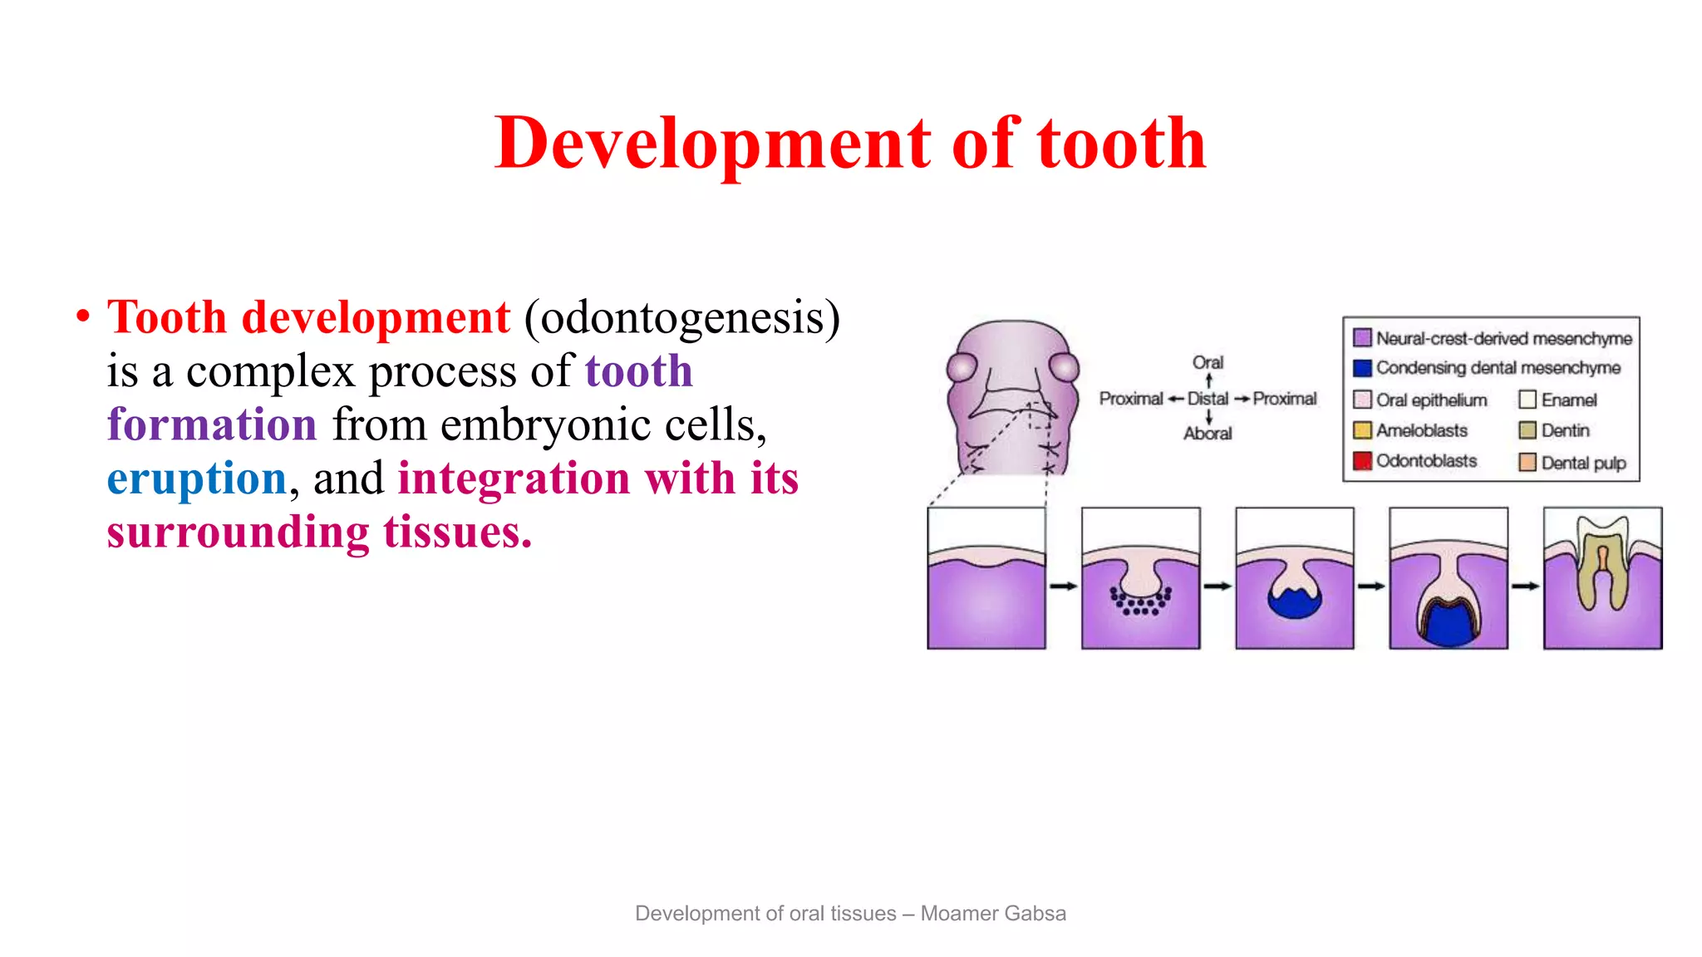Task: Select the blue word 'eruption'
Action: point(197,478)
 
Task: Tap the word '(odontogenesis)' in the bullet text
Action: point(682,318)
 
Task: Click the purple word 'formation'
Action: point(212,425)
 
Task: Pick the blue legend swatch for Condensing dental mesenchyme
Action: point(1362,368)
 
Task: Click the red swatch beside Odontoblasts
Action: point(1362,461)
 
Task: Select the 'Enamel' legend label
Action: point(1569,400)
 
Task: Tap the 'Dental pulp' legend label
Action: point(1583,463)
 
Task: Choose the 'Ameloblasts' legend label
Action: point(1421,430)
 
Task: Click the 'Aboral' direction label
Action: point(1208,433)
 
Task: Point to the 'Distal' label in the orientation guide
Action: point(1208,399)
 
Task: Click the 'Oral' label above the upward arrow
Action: point(1208,362)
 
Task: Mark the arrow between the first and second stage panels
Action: point(1063,586)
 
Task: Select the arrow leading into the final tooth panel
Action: point(1525,586)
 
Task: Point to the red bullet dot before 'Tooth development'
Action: point(82,317)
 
